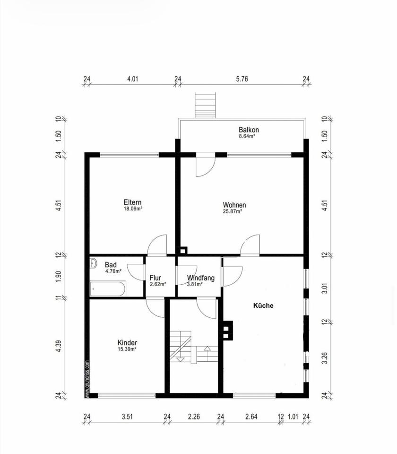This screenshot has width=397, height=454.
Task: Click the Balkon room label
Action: tap(249, 130)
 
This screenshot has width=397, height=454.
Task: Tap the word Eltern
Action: tap(132, 202)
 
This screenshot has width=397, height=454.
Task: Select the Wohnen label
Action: tap(234, 205)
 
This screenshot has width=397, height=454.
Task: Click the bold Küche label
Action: tap(263, 306)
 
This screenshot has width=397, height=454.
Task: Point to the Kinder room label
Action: tap(127, 342)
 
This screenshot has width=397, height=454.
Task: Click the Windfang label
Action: tap(201, 278)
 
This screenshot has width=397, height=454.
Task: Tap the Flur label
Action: tap(155, 278)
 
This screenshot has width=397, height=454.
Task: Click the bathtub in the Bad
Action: tap(108, 288)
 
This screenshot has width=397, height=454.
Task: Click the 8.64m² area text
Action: tap(247, 136)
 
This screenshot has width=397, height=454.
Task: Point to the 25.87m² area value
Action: tap(233, 211)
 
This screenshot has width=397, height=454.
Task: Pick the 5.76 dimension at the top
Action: tap(242, 79)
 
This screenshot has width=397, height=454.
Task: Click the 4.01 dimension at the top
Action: tap(133, 79)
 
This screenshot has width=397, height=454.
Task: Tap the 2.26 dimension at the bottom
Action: tap(194, 417)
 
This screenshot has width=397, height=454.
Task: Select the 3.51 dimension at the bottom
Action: tap(127, 417)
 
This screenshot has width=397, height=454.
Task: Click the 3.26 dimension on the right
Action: tap(325, 358)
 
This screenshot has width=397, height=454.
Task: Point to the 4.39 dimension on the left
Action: tap(59, 346)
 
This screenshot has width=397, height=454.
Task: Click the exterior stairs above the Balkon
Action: tap(206, 105)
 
